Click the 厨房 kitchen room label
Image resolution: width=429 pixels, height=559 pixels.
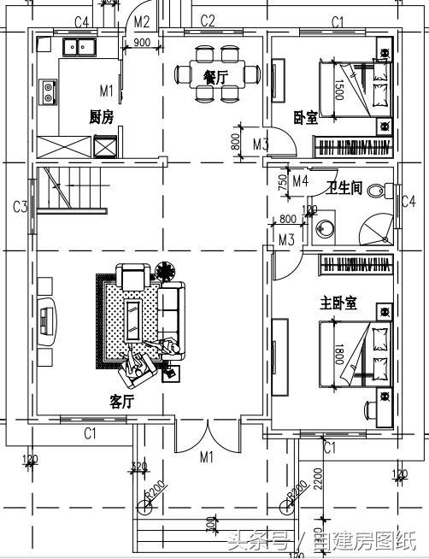[101, 117]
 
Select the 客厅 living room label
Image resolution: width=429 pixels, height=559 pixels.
[122, 400]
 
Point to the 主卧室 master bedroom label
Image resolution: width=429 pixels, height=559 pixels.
[338, 303]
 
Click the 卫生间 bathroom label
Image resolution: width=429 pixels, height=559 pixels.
[344, 187]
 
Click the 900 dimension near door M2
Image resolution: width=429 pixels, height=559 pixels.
[143, 43]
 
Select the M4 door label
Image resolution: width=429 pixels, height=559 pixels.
[300, 181]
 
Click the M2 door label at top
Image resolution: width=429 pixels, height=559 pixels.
[142, 21]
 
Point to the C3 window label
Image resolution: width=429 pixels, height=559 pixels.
[21, 206]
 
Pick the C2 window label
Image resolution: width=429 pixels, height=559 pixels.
[208, 21]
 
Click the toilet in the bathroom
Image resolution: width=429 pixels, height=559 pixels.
[374, 190]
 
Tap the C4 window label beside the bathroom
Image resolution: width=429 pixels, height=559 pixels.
[409, 202]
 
